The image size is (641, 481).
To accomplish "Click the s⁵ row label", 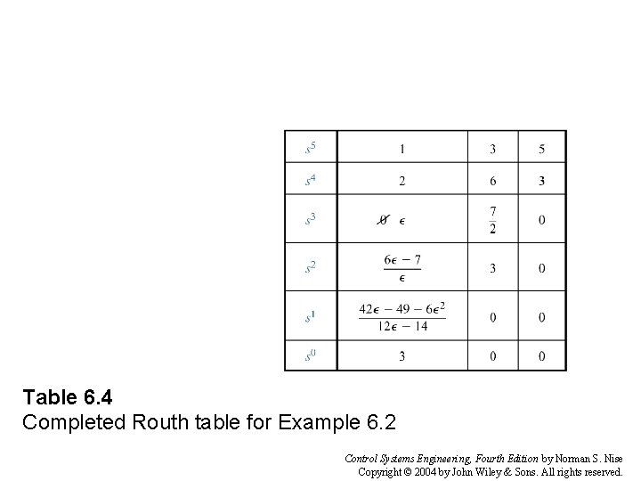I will (x=310, y=147).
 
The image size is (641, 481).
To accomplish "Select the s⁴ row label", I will (x=310, y=181).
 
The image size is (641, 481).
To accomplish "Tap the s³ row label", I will (x=310, y=218).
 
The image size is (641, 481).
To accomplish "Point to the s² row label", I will (x=310, y=267).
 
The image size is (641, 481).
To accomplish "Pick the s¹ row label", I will (x=310, y=316).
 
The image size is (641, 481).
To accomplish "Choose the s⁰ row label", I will (x=310, y=356).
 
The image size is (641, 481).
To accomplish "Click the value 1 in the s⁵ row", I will (x=402, y=148).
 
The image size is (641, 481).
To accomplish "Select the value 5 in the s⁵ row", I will (x=541, y=148).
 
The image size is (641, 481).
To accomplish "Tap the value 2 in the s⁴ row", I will (x=402, y=181).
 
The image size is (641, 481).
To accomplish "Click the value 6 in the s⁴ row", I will (x=493, y=181).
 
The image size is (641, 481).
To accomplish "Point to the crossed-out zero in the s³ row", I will (x=384, y=219).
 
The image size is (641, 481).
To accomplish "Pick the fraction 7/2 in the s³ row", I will (x=493, y=219).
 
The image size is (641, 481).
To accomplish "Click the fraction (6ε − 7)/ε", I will (x=402, y=267).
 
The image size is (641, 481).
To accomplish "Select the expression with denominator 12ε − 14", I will (x=402, y=317).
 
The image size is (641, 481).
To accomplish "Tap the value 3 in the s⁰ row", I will (x=402, y=356).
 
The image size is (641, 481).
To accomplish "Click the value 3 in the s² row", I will (x=493, y=268).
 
